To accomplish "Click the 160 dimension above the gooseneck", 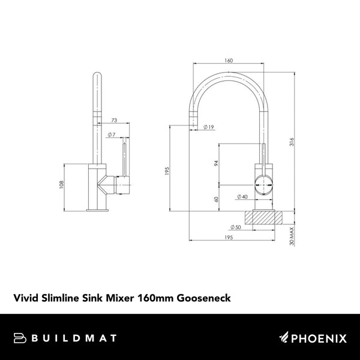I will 229,61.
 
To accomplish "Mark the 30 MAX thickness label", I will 292,236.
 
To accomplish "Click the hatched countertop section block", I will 263,217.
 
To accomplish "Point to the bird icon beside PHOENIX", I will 285,338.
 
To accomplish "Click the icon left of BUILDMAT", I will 19,338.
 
